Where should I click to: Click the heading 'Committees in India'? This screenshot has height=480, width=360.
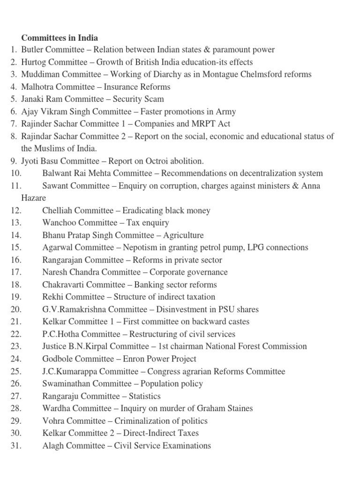click(x=60, y=37)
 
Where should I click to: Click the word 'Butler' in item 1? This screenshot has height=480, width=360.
click(x=32, y=50)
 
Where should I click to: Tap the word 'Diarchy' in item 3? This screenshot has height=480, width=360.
click(x=167, y=75)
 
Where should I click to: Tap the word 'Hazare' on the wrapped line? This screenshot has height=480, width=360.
click(x=33, y=198)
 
